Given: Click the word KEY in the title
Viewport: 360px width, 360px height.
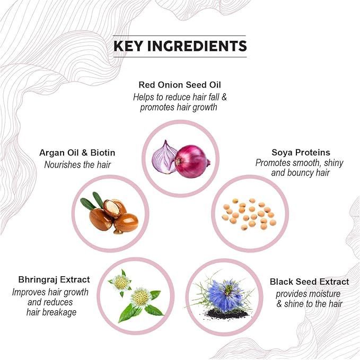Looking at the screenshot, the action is coord(128,46).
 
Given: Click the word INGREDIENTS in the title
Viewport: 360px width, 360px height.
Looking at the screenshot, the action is coord(197,46).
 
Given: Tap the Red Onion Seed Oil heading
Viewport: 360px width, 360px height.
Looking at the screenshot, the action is coord(180,85).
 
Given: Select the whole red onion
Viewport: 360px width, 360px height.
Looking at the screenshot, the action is coord(192,161).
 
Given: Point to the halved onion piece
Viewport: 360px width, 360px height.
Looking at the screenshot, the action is coord(164,157).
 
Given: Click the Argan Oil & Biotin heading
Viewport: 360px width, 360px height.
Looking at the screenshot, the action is coord(77,153).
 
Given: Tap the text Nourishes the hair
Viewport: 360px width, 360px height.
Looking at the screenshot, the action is coord(77,164).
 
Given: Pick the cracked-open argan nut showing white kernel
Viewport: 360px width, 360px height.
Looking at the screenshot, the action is coord(113,208).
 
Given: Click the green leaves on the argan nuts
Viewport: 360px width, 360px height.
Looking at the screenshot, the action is coord(92,200).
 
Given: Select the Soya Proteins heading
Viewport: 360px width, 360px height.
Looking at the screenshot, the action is coord(301,153).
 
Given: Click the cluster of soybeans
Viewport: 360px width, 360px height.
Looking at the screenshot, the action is coord(249,214).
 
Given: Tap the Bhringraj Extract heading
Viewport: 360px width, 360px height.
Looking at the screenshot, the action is coord(54,279).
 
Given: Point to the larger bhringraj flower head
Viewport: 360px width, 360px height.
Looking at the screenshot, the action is coord(141,297).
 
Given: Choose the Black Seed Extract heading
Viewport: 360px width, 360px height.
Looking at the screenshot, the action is coord(309,282).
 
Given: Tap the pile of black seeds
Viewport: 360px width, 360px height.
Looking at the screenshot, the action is coord(226,314).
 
